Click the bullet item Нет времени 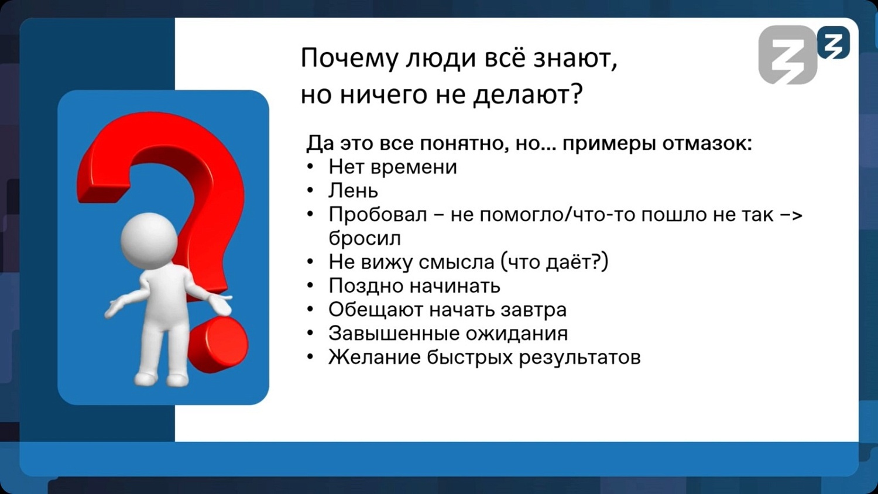pos(392,167)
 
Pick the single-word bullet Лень pos(353,191)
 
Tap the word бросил pos(364,239)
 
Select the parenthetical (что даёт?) pos(554,262)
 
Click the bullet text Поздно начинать pos(414,286)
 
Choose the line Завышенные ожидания pos(448,334)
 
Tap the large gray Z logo pos(787,55)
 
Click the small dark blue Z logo pos(834,43)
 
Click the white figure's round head pos(149,241)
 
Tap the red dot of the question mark pos(219,345)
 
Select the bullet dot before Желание pos(310,357)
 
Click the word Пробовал pos(378,215)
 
